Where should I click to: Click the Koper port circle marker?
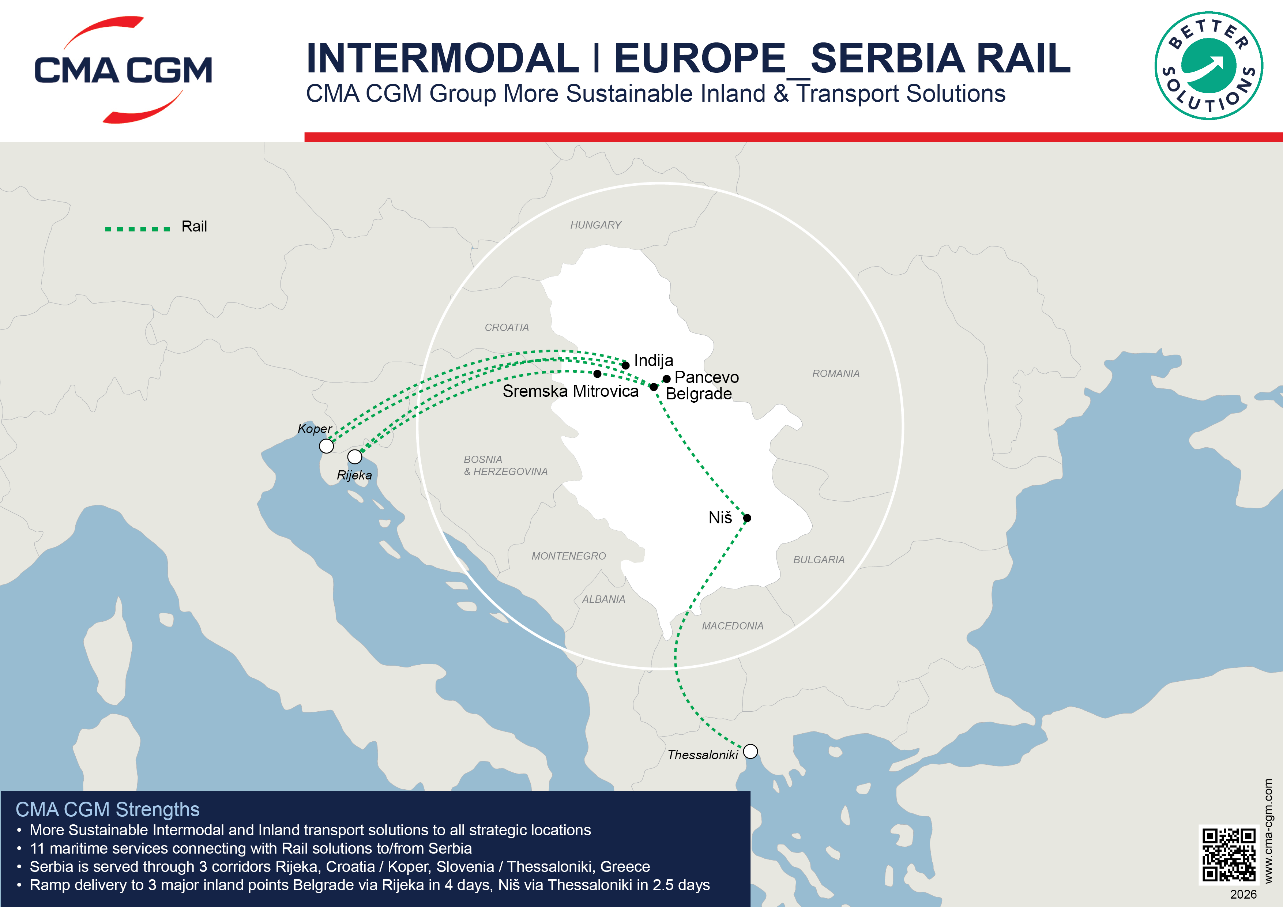click(x=326, y=446)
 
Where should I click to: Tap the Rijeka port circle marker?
click(x=354, y=456)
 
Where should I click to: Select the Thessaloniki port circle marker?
click(x=750, y=751)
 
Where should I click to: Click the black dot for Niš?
click(x=747, y=518)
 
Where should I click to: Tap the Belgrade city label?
click(x=699, y=394)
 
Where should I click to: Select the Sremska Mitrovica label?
click(x=570, y=391)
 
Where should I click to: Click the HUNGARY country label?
click(x=596, y=225)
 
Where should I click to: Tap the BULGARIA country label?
click(x=819, y=560)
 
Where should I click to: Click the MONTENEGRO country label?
click(x=568, y=556)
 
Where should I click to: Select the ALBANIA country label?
click(x=603, y=599)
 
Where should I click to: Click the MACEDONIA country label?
click(x=732, y=626)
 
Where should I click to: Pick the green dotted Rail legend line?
click(x=138, y=229)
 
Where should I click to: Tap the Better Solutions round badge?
click(x=1209, y=66)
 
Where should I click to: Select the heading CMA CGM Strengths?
click(x=107, y=809)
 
